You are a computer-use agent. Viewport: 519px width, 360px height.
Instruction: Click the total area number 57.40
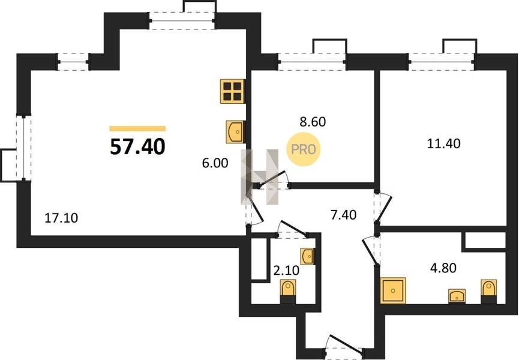137,146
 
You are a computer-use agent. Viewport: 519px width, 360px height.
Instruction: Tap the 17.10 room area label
61,218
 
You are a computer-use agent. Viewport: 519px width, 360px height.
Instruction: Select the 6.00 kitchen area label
215,163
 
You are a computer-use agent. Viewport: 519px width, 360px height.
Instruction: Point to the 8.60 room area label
313,122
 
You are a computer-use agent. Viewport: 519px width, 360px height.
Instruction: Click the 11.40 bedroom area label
444,143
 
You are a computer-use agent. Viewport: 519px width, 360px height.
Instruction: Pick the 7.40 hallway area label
344,215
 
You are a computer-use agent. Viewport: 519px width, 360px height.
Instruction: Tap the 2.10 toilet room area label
286,271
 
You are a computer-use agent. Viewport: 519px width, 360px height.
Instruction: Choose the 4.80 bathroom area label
443,268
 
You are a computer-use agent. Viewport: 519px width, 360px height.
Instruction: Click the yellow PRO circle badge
304,149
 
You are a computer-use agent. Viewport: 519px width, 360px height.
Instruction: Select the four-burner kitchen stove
233,91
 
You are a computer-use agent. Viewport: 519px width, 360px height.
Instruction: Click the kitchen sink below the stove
235,131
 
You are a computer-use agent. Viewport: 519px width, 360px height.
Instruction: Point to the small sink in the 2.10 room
307,256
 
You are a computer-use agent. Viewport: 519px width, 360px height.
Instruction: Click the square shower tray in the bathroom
393,290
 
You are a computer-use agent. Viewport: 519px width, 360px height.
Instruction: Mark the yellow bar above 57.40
137,129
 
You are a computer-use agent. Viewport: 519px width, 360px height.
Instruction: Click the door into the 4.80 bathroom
371,250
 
